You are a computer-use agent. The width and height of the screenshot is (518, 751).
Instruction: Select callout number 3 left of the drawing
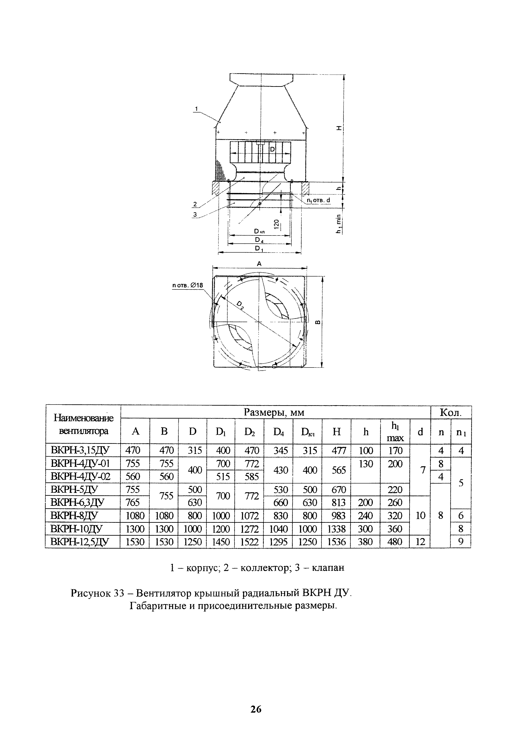(195, 214)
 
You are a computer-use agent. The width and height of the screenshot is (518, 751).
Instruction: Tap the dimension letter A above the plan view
(259, 264)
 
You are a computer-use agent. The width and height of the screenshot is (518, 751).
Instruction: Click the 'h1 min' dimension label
(339, 224)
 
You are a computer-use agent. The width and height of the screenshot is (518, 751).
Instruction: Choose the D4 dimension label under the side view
(259, 240)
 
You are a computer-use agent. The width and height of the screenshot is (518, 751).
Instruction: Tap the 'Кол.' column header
(450, 412)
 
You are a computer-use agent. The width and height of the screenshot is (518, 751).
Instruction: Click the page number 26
(256, 710)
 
